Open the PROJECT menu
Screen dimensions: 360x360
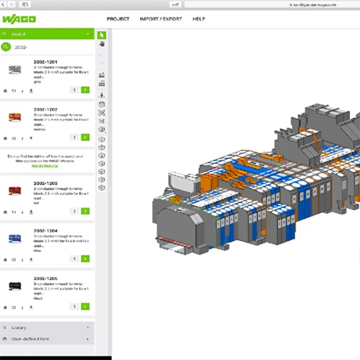[x=118, y=19]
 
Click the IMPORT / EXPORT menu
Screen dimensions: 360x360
[x=162, y=19]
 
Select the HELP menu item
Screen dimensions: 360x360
[x=199, y=19]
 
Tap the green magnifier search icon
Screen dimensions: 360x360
[x=6, y=47]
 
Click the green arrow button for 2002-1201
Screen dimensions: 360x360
[x=86, y=91]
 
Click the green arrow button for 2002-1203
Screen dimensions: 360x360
[x=86, y=211]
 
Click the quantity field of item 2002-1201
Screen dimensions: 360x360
[x=74, y=91]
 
